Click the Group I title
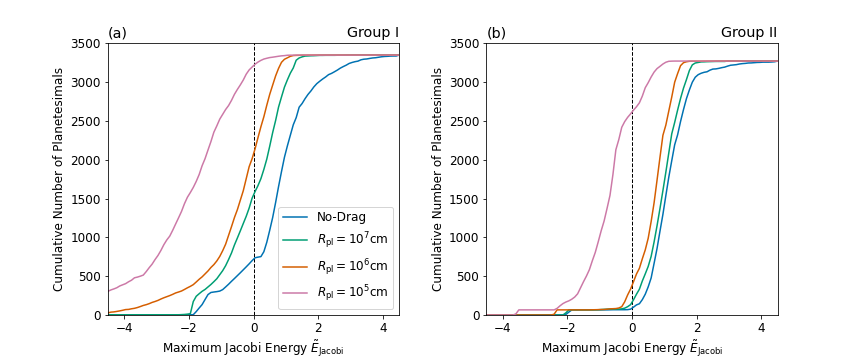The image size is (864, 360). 373,33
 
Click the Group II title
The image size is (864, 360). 749,33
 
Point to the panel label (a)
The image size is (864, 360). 118,33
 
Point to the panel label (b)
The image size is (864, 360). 497,33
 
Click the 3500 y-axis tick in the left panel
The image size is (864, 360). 87,44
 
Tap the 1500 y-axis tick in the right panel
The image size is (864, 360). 466,199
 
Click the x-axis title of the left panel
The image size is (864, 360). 253,347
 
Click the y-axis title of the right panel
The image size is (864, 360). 439,180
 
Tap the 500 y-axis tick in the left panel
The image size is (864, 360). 90,276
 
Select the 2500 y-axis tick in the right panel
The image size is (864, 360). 466,121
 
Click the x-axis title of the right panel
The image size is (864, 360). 632,347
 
